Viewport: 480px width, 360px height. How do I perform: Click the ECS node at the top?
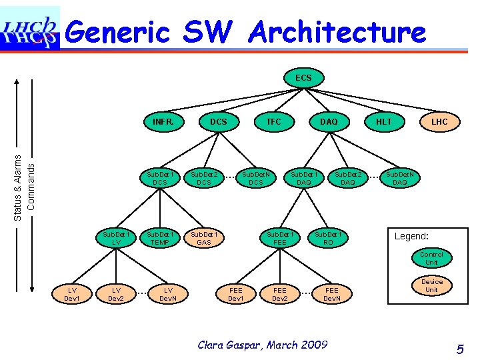(x=303, y=79)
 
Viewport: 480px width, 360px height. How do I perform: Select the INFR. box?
(x=163, y=122)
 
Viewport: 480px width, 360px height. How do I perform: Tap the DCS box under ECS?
(x=218, y=122)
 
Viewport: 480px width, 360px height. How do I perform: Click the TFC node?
(x=273, y=122)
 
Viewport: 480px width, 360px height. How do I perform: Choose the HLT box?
(x=384, y=122)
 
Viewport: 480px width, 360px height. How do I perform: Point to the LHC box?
(x=439, y=122)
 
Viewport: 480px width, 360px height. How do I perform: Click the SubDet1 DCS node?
(x=160, y=178)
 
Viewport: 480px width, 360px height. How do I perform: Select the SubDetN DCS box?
(x=256, y=178)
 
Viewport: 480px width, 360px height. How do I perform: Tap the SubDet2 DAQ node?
(x=348, y=178)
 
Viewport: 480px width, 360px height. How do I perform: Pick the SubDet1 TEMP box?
(x=160, y=239)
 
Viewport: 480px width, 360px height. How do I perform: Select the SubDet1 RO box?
(x=328, y=239)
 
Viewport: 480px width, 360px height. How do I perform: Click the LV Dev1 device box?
(x=71, y=294)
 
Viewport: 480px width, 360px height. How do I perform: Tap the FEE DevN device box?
(x=332, y=294)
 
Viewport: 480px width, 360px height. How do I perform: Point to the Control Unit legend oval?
(x=431, y=259)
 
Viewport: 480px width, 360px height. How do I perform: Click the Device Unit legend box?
(x=431, y=286)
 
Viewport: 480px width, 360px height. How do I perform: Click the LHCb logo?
(x=30, y=28)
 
